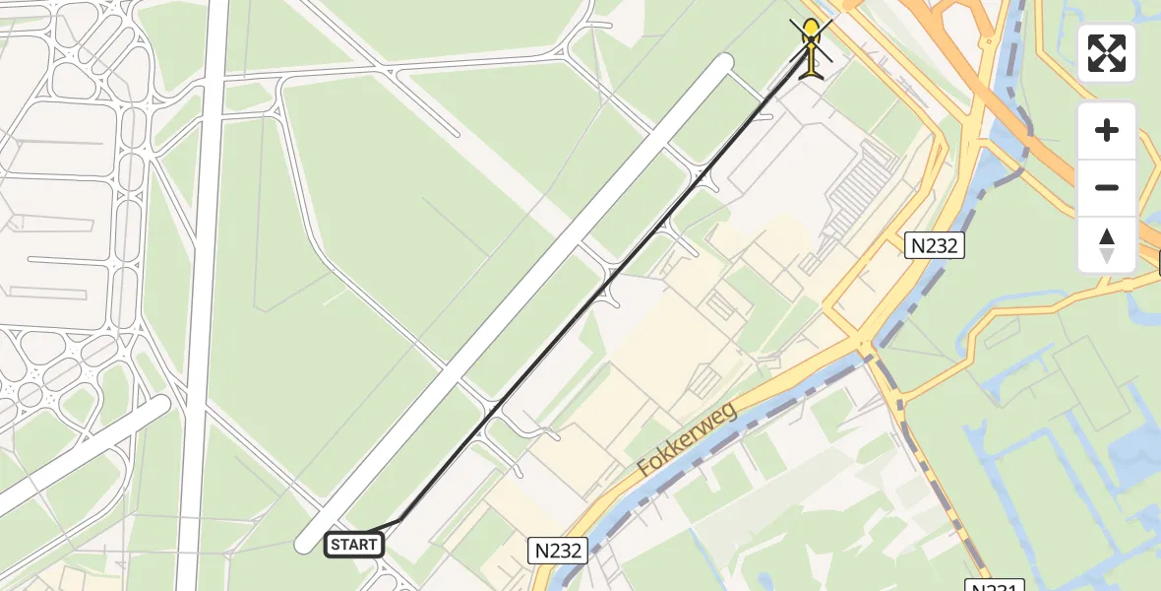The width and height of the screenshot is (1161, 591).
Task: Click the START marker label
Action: pyautogui.click(x=354, y=544)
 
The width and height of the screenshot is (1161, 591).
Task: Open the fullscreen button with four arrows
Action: pyautogui.click(x=1107, y=53)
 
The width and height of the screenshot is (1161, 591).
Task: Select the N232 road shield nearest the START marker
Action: pyautogui.click(x=558, y=551)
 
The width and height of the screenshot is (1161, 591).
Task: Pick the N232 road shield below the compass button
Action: pyautogui.click(x=934, y=245)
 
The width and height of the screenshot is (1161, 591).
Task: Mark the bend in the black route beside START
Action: pyautogui.click(x=400, y=519)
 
